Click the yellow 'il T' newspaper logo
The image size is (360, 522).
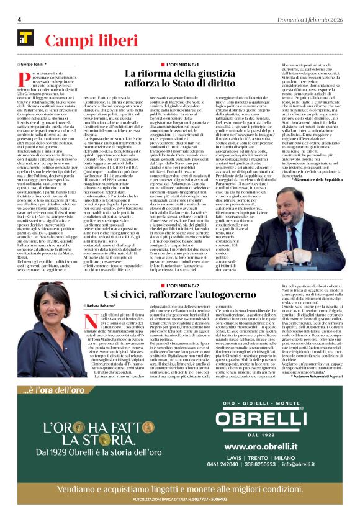[26, 38]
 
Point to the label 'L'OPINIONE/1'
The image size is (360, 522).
[179, 65]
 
